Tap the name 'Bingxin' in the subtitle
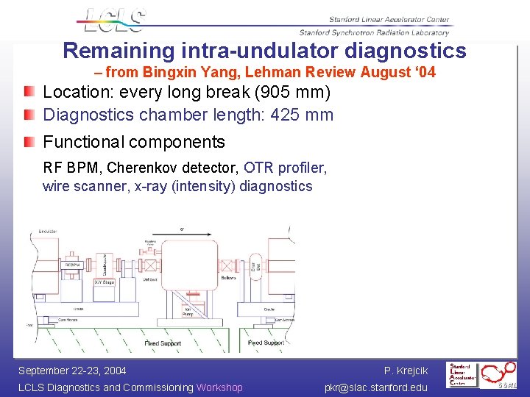click(170, 72)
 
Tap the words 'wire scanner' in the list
click(85, 186)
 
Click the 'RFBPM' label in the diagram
click(72, 265)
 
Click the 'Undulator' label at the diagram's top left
click(49, 232)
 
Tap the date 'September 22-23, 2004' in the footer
click(72, 371)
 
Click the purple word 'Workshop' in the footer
click(219, 387)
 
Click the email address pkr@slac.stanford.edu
click(375, 387)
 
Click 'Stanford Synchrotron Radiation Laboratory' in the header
click(374, 32)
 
